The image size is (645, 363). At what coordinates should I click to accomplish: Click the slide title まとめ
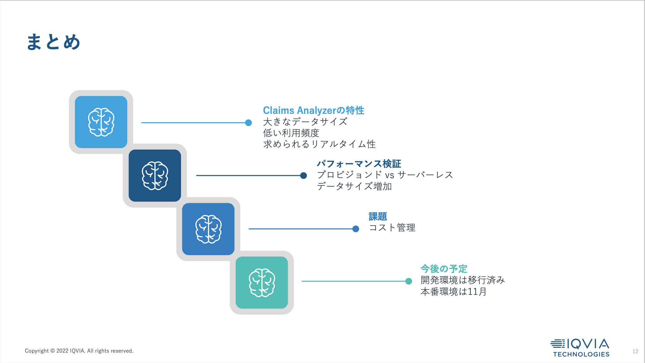tap(53, 42)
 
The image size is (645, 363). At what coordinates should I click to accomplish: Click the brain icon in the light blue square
tap(101, 122)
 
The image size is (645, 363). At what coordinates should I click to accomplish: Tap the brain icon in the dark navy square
tap(155, 176)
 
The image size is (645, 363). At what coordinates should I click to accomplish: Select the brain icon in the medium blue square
tap(208, 229)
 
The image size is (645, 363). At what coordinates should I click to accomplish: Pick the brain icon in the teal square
tap(262, 283)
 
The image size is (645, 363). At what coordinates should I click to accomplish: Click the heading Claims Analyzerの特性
tap(314, 110)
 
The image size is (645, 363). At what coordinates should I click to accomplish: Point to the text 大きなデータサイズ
tap(305, 122)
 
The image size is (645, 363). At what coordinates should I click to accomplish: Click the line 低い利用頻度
tap(291, 133)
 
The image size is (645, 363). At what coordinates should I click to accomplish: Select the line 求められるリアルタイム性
tap(319, 144)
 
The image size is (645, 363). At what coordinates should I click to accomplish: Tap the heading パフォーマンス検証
tap(359, 164)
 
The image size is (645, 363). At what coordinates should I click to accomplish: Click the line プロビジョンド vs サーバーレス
tap(385, 175)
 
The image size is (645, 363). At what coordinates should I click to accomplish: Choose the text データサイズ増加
tap(354, 186)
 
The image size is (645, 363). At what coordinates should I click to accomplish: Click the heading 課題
tap(378, 216)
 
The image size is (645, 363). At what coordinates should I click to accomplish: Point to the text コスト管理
tap(392, 228)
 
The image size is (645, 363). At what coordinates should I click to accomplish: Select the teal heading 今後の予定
tap(444, 269)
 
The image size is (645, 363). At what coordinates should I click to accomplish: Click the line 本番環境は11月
tap(453, 292)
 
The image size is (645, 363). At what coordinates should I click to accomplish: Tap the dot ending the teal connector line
tap(409, 281)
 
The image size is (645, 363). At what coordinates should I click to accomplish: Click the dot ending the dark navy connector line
tap(304, 176)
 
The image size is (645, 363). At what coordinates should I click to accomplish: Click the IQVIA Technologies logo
tap(580, 348)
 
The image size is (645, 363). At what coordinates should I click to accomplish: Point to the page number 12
tap(635, 351)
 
